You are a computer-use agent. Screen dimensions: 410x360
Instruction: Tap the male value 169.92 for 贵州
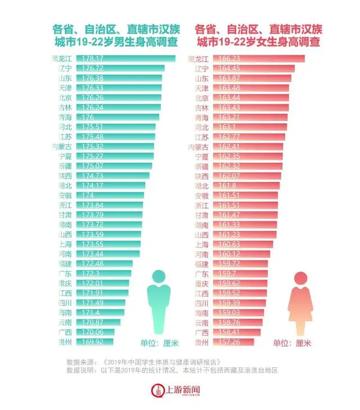(93, 341)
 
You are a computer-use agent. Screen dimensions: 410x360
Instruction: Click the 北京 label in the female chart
(201, 97)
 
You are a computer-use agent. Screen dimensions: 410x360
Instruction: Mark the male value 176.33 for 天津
(93, 88)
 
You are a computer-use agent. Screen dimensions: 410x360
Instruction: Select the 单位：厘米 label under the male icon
(159, 343)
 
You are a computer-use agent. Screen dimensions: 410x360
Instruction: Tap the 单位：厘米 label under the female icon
(292, 343)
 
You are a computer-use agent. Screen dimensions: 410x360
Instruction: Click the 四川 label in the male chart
(65, 303)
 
